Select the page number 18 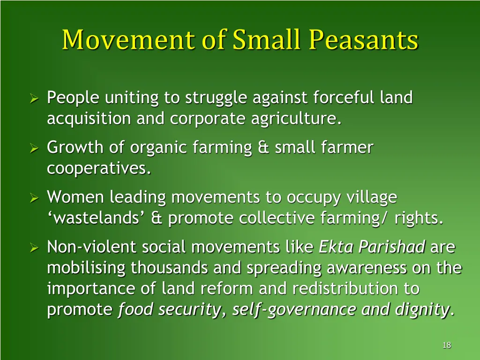point(446,345)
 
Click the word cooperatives point(99,169)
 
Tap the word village point(371,198)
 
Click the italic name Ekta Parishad point(372,247)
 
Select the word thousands point(170,268)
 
